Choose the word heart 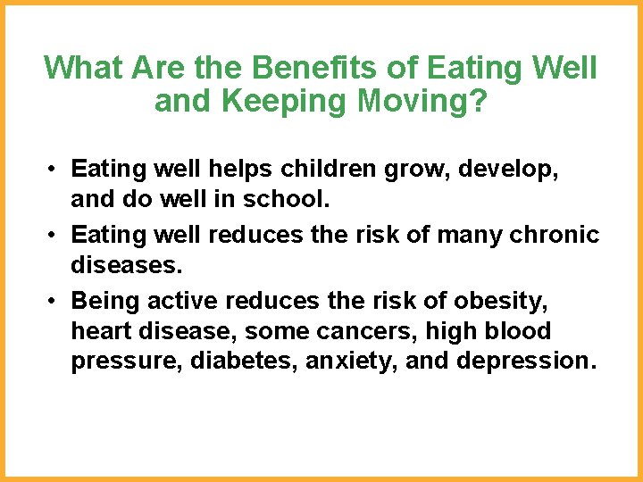98,330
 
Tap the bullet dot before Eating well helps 55,169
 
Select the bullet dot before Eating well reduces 55,234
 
